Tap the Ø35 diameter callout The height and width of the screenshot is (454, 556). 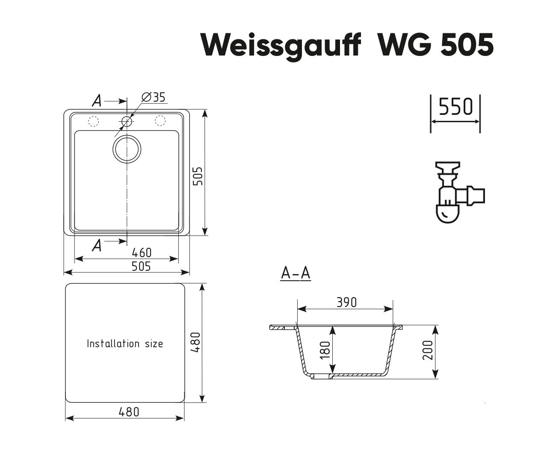154,97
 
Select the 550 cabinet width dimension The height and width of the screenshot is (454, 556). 455,107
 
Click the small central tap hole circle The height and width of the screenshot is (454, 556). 127,121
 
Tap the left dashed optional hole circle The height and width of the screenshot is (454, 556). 93,121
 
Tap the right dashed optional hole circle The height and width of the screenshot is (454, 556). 160,121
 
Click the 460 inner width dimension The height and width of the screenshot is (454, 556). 142,252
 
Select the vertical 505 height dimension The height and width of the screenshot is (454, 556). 198,176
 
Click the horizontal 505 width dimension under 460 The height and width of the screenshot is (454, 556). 141,266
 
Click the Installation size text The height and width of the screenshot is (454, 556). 125,344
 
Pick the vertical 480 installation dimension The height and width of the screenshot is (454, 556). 196,342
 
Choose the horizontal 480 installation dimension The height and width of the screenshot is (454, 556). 129,412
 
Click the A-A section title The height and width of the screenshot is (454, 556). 296,273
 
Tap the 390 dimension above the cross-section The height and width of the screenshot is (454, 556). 347,302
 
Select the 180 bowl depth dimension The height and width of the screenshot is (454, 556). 325,350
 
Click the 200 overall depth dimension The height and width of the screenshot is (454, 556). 428,350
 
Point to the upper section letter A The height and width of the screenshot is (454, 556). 97,100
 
